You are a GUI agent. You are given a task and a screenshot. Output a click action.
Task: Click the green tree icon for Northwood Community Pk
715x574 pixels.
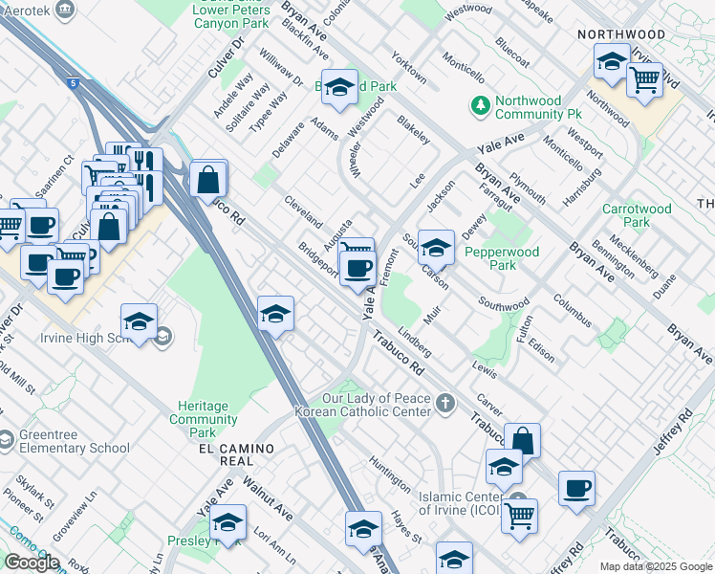[x=480, y=103]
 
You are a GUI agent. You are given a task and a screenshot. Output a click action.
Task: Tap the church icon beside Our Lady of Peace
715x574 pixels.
[x=445, y=404]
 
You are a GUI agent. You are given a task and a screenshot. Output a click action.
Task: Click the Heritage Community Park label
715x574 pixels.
[x=204, y=413]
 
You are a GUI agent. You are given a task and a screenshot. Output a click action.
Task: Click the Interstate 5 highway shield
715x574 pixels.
[x=74, y=84]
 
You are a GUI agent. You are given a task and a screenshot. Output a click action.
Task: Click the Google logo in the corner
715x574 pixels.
[x=31, y=562]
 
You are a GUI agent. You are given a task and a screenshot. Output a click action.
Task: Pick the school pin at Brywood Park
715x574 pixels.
[x=337, y=88]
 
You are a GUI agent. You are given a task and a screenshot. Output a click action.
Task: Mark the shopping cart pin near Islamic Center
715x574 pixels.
[x=519, y=514]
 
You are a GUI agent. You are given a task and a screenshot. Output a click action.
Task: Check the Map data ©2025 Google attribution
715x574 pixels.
[x=656, y=566]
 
